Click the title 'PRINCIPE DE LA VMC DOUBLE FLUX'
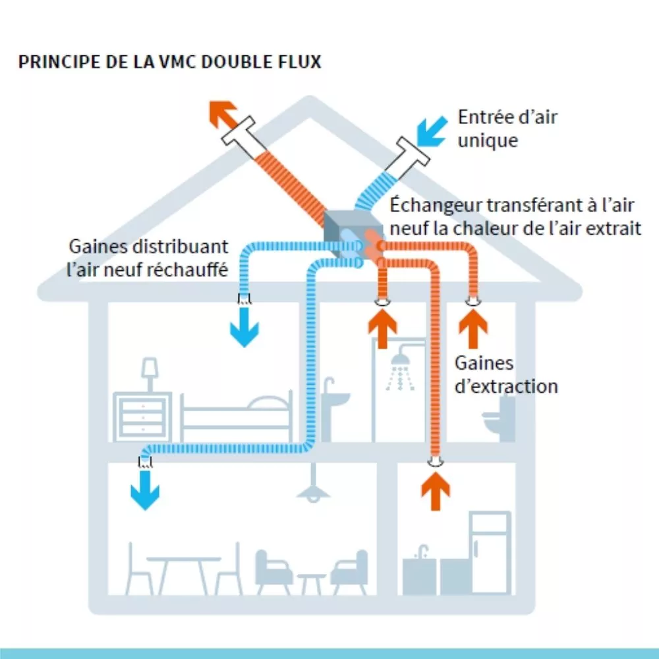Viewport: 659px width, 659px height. (170, 63)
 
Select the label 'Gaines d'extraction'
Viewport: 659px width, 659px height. (506, 374)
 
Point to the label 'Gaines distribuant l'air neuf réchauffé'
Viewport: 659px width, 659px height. (149, 258)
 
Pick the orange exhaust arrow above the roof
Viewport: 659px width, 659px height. (223, 113)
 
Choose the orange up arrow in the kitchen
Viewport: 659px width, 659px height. (435, 490)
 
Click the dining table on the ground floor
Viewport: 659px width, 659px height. (183, 567)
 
